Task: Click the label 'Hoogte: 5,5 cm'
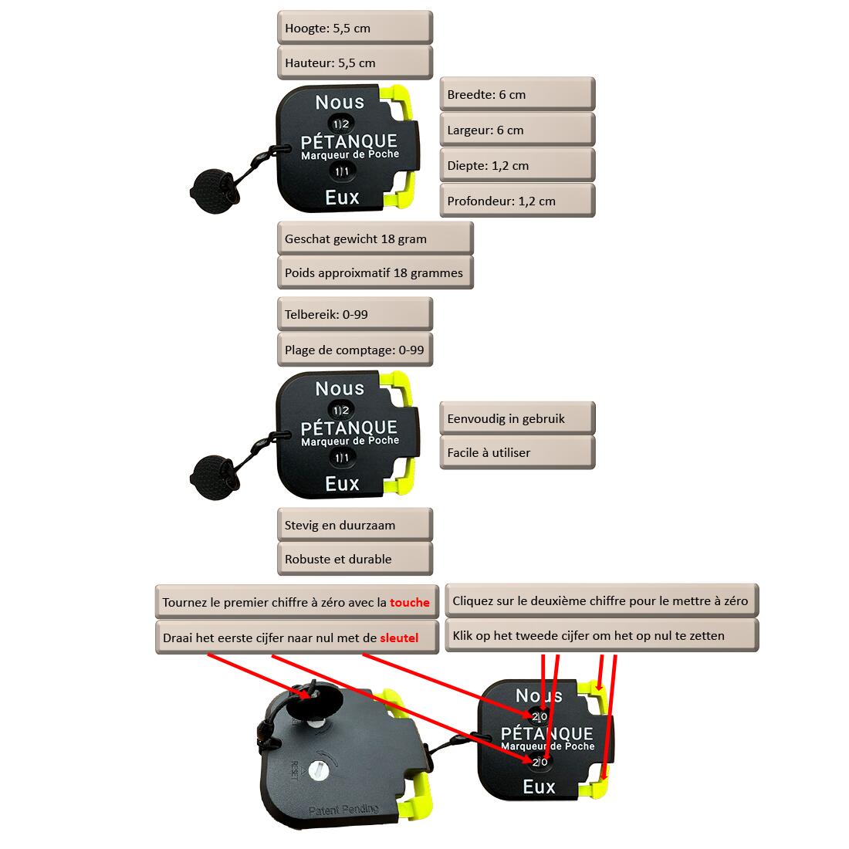coord(355,28)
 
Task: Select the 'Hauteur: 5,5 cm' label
coord(355,63)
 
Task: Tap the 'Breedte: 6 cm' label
coord(517,94)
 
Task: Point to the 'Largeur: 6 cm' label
coord(517,130)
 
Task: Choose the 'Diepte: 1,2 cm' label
coord(517,166)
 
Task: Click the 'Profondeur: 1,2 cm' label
coord(517,201)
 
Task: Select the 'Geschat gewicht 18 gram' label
coord(375,238)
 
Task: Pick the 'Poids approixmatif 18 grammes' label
coord(375,272)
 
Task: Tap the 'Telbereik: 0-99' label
coord(355,314)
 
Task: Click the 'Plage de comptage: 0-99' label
coord(355,350)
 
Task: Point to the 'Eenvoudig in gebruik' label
coord(517,418)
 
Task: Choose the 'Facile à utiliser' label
coord(517,452)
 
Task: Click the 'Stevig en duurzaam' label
coord(355,525)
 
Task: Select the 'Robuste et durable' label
coord(355,559)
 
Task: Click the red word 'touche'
coord(409,602)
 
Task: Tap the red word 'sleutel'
coord(399,638)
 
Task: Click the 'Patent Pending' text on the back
coord(343,810)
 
